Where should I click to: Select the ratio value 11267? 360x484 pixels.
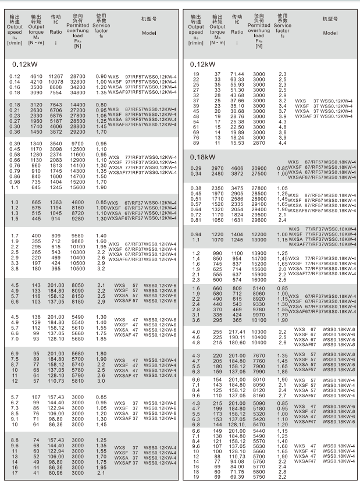(x=55, y=77)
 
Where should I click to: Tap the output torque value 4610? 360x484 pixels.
(x=36, y=77)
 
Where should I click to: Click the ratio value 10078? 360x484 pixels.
(x=55, y=82)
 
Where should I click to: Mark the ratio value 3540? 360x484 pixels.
(x=56, y=143)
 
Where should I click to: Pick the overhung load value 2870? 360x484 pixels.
(x=258, y=143)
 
